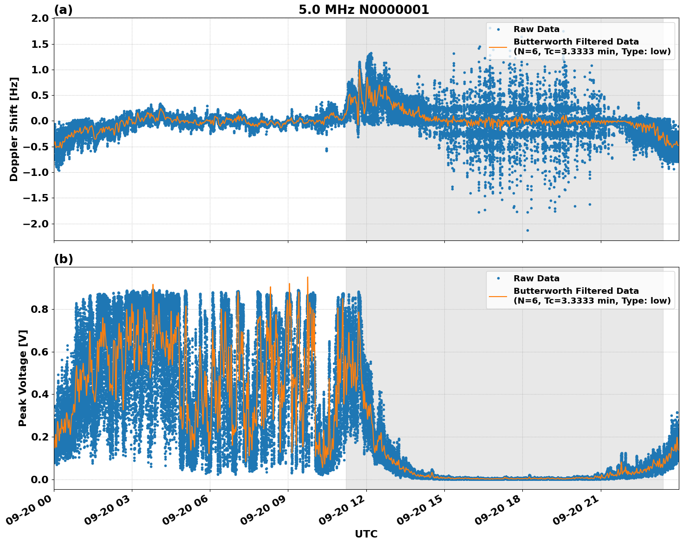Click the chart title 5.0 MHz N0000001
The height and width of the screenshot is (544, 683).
(x=364, y=10)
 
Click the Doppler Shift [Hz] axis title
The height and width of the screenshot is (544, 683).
(x=14, y=129)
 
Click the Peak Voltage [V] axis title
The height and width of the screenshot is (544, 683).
(x=23, y=378)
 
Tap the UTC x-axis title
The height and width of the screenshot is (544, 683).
(x=366, y=534)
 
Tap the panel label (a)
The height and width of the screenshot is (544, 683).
(x=63, y=10)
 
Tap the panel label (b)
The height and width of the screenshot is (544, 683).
(x=63, y=259)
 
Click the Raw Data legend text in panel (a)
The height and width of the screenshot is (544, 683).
(x=536, y=29)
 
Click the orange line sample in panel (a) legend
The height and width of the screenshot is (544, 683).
(x=498, y=46)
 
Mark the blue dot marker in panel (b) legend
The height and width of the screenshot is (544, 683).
(x=498, y=278)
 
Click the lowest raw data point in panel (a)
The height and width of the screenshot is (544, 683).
(x=527, y=230)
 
